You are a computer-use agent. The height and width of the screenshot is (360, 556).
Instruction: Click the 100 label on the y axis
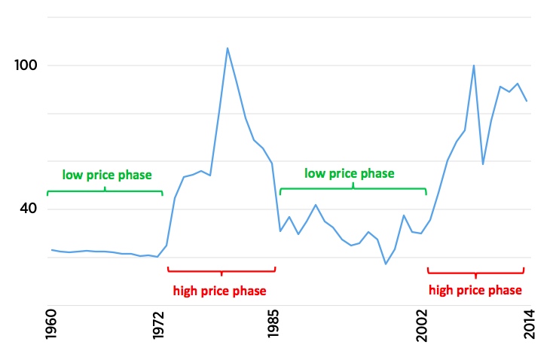coord(26,66)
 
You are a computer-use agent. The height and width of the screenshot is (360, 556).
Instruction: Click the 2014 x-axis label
coord(529,324)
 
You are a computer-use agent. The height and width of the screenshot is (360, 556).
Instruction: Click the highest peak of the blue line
coord(228,48)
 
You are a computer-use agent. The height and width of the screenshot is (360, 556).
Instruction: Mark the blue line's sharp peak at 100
coord(473,66)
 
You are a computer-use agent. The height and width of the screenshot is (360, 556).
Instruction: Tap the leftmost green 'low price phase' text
coord(107,175)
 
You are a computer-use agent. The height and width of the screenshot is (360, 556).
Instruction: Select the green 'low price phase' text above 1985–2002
coord(349,173)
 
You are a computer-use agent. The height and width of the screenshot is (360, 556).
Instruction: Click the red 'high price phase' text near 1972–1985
coord(219,290)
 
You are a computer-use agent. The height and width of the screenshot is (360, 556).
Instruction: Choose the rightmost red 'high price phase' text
coord(475,290)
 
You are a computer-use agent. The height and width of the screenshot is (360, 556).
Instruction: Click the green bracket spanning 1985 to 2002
coord(353,189)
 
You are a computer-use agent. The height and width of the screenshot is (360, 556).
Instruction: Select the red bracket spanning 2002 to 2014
coord(475,271)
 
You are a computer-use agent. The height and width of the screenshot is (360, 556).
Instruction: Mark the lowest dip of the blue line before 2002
coord(386,264)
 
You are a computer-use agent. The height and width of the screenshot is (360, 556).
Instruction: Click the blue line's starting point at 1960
coord(51,249)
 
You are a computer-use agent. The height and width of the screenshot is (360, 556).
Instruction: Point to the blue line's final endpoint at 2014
coord(527,101)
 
